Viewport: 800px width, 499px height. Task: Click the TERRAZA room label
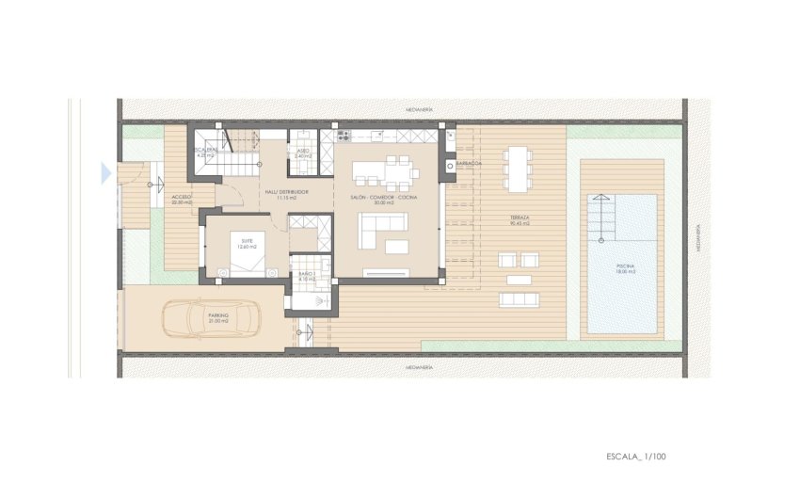(520, 220)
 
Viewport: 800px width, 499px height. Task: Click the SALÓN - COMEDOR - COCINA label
(383, 199)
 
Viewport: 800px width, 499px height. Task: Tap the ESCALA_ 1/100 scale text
(637, 457)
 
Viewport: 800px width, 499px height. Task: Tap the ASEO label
(303, 151)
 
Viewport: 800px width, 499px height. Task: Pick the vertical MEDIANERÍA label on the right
(696, 239)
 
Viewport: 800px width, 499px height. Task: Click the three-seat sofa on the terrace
(519, 299)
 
